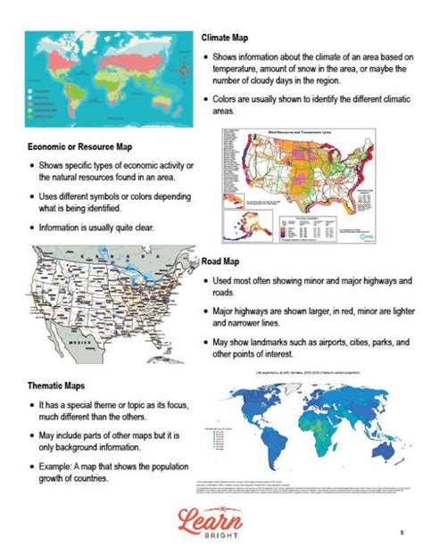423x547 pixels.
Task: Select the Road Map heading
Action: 220,262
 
